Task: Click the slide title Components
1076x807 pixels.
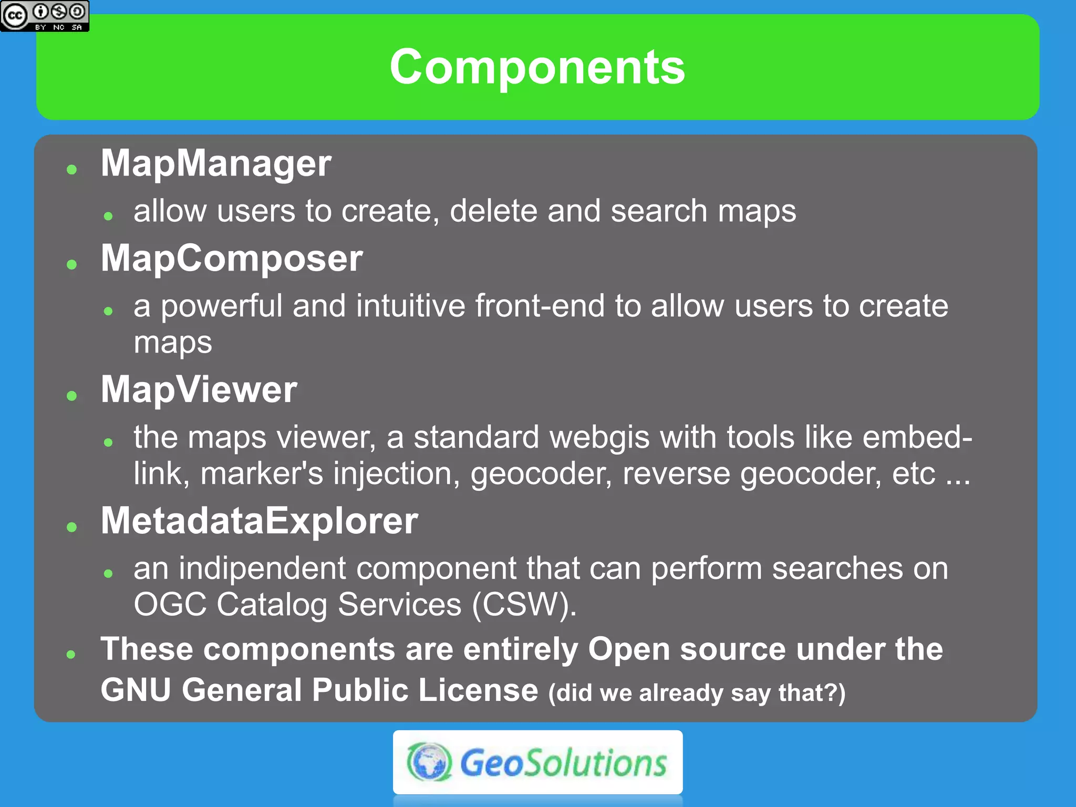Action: [x=537, y=67]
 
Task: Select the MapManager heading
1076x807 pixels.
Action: [x=216, y=163]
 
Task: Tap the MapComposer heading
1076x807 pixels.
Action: [x=232, y=258]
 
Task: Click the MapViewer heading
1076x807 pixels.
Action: [x=199, y=390]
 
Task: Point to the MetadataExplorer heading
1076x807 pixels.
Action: [x=259, y=521]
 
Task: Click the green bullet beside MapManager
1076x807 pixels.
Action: [x=72, y=169]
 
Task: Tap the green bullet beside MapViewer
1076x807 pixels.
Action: [x=72, y=396]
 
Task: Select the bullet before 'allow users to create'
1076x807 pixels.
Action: [x=109, y=216]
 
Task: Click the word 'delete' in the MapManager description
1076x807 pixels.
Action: [x=493, y=211]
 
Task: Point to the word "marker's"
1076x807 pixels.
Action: [x=262, y=474]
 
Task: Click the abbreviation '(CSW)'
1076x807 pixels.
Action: [x=524, y=605]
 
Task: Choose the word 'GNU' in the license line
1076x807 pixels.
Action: [x=136, y=690]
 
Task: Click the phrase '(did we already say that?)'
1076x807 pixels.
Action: [x=697, y=693]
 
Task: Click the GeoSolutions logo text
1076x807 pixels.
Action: [x=563, y=763]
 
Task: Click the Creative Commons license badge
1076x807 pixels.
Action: [x=45, y=16]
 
